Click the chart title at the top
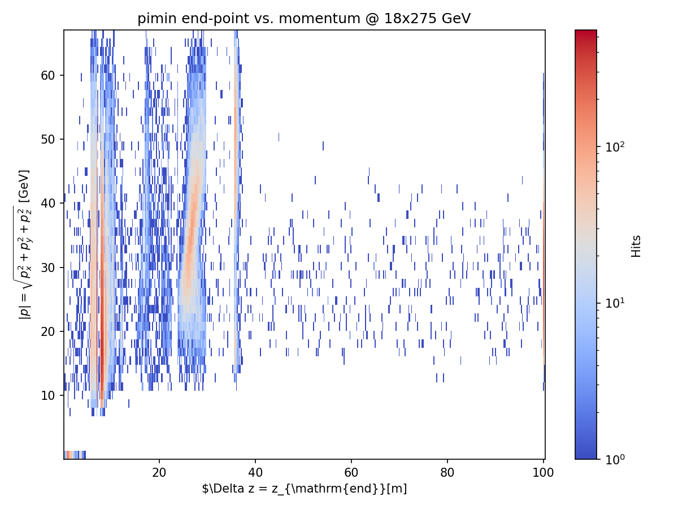pos(304,19)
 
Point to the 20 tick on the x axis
pos(159,472)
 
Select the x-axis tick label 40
pos(255,472)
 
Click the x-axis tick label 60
pos(351,472)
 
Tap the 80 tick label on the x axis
pos(447,472)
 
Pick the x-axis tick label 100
pos(544,472)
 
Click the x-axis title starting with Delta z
pos(304,489)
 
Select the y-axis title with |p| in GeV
pos(25,244)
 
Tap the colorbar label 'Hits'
pos(637,246)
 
